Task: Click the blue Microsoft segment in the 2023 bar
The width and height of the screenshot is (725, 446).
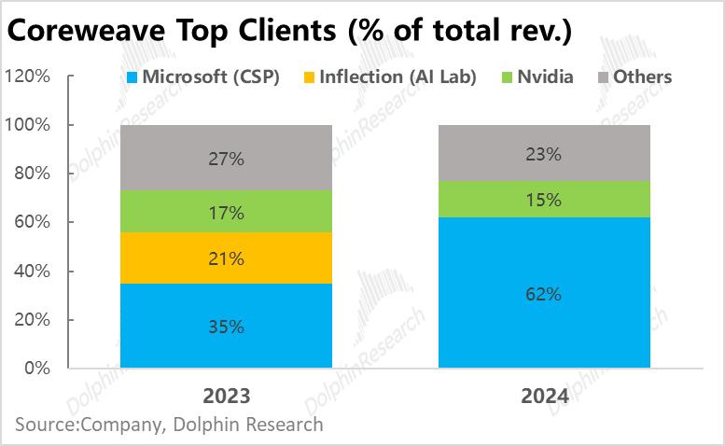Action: pos(226,326)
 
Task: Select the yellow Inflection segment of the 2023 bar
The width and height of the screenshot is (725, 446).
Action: pos(226,258)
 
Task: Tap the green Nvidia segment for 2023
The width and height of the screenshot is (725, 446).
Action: pos(226,212)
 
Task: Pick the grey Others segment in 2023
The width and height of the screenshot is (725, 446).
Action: pos(226,158)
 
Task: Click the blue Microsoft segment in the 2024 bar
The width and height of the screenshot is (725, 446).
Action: pos(544,293)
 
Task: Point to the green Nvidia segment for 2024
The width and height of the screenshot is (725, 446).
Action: pos(544,199)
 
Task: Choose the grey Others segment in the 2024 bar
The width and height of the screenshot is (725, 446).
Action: pos(544,154)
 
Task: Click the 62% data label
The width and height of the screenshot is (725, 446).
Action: pos(544,294)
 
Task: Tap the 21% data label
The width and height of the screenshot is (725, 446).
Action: pos(226,258)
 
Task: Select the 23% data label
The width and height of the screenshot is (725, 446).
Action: pos(544,154)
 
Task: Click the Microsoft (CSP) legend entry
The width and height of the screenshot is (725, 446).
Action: pos(203,77)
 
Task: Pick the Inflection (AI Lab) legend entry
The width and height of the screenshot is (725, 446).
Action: pos(390,77)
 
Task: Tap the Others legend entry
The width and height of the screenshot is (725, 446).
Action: pos(634,77)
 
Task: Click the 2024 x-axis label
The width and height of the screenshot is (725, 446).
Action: pos(544,395)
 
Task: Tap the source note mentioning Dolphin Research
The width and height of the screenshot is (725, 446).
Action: pos(169,425)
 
